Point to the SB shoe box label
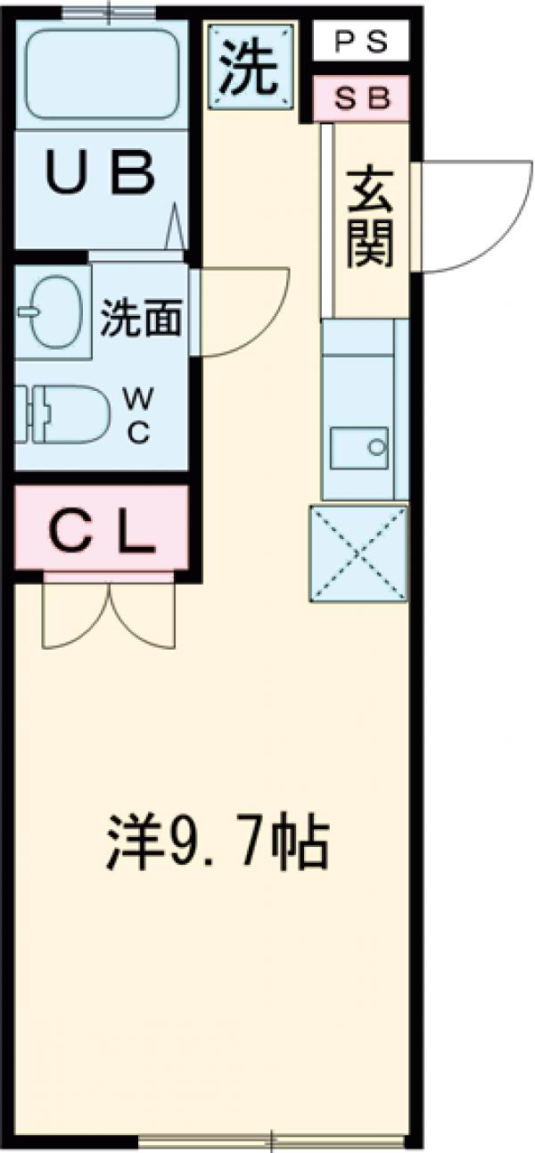point(362,98)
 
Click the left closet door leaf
point(77,616)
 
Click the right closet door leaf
point(142,616)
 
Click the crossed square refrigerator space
point(358,552)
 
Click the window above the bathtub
point(105,12)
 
